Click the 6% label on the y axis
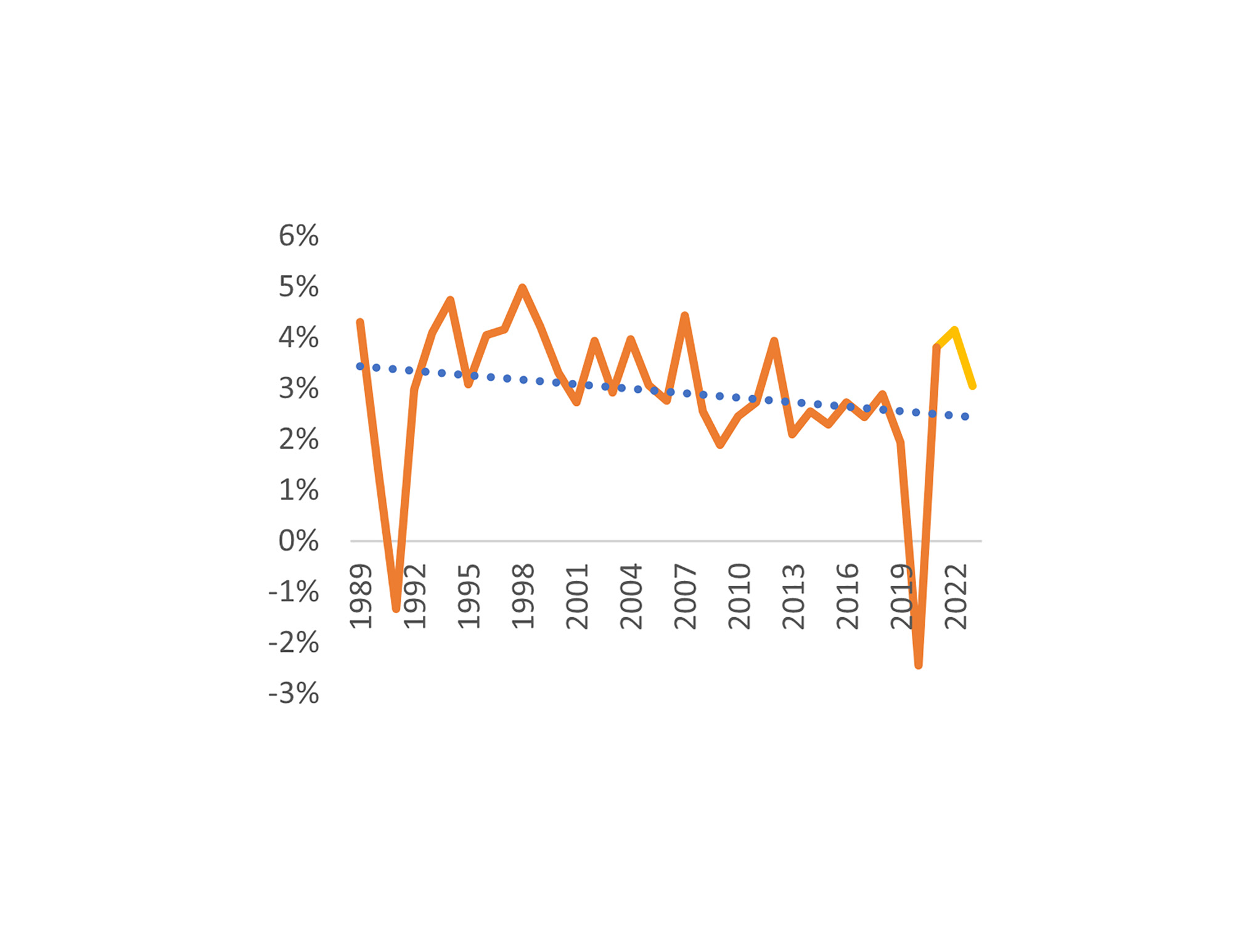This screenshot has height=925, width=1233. [x=298, y=236]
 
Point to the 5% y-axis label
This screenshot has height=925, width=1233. [x=298, y=287]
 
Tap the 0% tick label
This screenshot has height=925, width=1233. [x=298, y=541]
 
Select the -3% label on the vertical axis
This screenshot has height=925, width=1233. [x=293, y=693]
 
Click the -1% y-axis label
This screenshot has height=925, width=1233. [x=293, y=592]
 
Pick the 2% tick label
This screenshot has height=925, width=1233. [x=298, y=439]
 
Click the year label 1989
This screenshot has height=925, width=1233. [x=361, y=596]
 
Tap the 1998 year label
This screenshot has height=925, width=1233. [x=523, y=596]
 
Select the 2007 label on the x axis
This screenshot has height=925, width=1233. [x=685, y=596]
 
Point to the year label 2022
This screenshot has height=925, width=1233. [x=956, y=596]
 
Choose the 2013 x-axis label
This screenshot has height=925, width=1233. [x=793, y=596]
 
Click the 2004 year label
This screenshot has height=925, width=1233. [x=631, y=596]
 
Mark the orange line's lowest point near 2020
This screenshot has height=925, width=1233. [x=919, y=665]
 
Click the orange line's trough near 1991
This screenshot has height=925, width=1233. [x=396, y=609]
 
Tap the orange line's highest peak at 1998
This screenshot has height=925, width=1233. [x=523, y=287]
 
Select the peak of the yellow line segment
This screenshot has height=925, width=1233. [x=954, y=330]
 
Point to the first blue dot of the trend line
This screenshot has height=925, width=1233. [x=360, y=366]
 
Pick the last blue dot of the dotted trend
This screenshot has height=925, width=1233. [x=965, y=417]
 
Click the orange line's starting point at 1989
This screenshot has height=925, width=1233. [x=360, y=322]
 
